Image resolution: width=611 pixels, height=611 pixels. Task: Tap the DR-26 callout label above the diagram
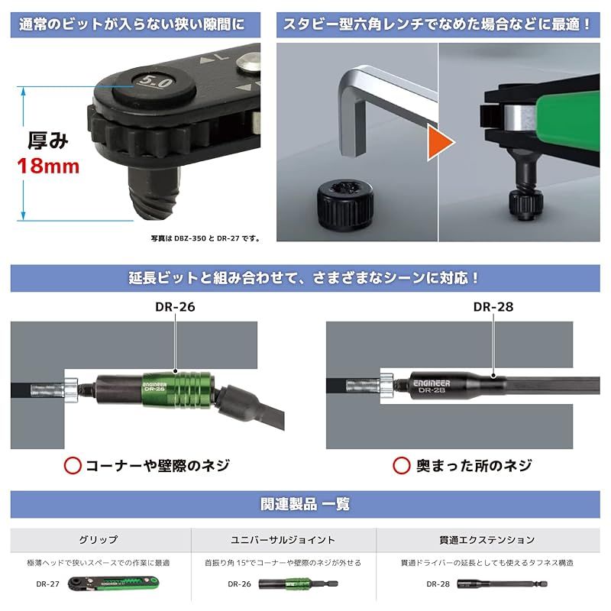[175, 309]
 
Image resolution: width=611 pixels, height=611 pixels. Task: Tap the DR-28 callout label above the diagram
[493, 308]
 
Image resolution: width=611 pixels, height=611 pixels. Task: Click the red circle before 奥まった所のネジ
[402, 465]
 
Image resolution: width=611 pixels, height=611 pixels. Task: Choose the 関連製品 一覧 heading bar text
[305, 504]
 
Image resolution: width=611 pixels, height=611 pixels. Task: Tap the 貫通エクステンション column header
[467, 539]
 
